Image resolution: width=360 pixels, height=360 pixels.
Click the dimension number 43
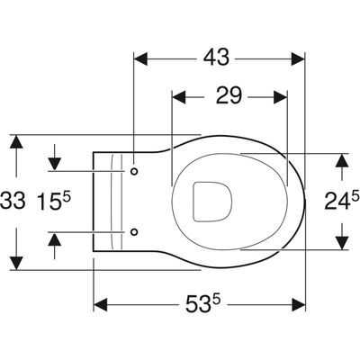point(216,57)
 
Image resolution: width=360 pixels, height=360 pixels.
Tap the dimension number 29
point(229,95)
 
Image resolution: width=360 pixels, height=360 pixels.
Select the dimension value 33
point(12,201)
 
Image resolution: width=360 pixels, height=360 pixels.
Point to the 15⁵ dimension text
point(54,201)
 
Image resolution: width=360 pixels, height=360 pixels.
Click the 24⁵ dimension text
point(342,200)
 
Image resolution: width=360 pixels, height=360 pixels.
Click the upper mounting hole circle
point(134,171)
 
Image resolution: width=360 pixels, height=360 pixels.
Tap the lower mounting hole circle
point(134,231)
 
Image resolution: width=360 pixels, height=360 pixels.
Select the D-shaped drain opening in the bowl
point(211,202)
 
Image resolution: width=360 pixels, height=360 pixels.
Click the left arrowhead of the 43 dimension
point(141,58)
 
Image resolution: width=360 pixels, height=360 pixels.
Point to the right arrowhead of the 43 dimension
point(298,58)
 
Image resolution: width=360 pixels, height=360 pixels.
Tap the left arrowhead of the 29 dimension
point(178,97)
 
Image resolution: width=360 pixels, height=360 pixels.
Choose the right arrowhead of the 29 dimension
point(280,97)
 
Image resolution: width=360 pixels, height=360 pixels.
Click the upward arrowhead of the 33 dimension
point(16,142)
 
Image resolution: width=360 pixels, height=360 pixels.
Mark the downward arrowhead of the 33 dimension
point(16,263)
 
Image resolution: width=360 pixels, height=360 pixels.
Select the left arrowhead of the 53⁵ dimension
point(101,305)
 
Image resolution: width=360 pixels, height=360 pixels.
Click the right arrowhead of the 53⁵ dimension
point(298,305)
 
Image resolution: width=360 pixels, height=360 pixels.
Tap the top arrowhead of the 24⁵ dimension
point(342,161)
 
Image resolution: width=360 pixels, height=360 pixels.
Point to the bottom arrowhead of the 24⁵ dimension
point(342,242)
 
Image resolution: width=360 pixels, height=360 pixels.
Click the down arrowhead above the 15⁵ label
point(55,164)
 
